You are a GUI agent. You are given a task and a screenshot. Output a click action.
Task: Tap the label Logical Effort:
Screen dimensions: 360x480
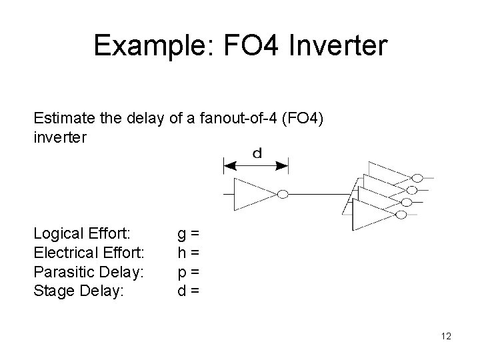tap(82, 233)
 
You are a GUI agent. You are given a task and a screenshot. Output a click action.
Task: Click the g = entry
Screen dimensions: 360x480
tap(188, 233)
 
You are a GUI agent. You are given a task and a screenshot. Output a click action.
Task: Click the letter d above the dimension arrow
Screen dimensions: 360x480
tap(257, 153)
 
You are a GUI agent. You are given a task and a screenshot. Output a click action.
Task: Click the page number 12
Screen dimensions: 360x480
tap(446, 336)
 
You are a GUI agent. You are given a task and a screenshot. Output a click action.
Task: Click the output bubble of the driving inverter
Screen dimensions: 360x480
tap(282, 194)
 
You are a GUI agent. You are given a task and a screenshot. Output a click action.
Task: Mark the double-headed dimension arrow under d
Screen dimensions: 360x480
tap(255, 165)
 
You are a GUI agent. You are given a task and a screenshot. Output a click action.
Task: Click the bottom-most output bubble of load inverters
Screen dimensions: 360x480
tap(401, 215)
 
